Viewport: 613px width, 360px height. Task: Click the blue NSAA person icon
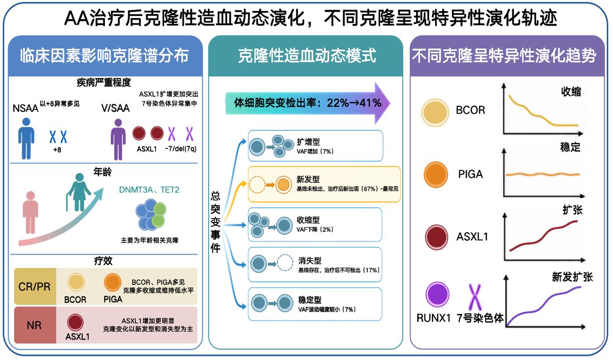coord(26,138)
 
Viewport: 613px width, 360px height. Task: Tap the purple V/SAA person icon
coord(118,139)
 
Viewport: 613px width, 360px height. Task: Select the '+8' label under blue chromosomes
coord(57,150)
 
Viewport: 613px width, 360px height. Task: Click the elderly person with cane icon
coord(78,193)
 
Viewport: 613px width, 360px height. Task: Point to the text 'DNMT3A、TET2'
coord(149,190)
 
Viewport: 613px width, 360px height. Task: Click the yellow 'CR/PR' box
coord(35,286)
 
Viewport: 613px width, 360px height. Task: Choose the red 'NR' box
coord(35,325)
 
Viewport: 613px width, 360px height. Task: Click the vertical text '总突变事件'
coord(215,222)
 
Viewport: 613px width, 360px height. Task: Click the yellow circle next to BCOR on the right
coord(435,113)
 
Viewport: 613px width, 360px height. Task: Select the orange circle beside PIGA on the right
coord(435,175)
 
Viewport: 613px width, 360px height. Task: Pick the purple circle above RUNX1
coord(437,294)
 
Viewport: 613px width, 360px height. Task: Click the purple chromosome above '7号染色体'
coord(475,297)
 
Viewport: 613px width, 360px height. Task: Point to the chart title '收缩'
coord(571,91)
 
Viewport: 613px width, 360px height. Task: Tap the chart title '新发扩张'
coord(572,277)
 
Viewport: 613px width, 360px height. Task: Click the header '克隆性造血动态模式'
coord(307,56)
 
